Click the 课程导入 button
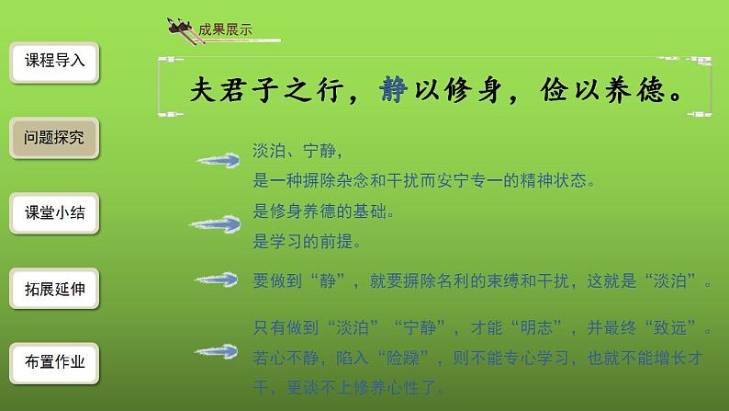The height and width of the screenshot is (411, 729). pyautogui.click(x=55, y=62)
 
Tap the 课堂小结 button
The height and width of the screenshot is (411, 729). pyautogui.click(x=55, y=213)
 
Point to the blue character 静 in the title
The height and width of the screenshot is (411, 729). pyautogui.click(x=389, y=88)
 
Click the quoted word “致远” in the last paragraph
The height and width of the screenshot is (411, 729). pyautogui.click(x=674, y=326)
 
